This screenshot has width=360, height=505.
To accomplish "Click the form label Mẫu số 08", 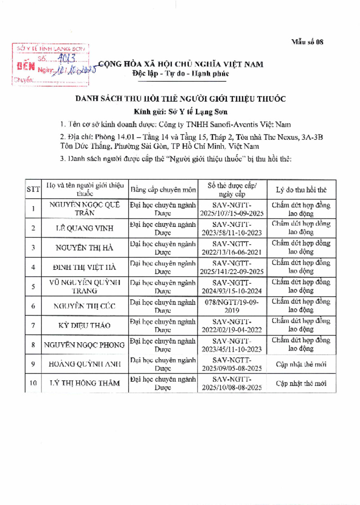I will pyautogui.click(x=308, y=42).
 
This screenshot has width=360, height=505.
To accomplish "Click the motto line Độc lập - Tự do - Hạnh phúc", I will pyautogui.click(x=181, y=74).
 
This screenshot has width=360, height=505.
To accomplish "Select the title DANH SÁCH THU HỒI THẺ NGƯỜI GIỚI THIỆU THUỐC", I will pyautogui.click(x=180, y=99).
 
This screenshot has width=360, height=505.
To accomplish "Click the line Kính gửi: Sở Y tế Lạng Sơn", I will pyautogui.click(x=181, y=111).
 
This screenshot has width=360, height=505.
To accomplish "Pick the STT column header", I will pyautogui.click(x=33, y=189).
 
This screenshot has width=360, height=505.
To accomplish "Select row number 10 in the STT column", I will pyautogui.click(x=33, y=384).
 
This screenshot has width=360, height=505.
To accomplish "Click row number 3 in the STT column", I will pyautogui.click(x=33, y=248).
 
